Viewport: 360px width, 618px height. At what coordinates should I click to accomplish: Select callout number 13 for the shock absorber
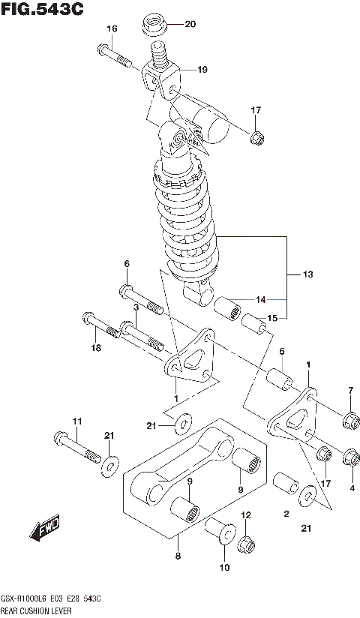(307, 275)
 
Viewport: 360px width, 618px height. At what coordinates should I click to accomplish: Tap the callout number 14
(260, 300)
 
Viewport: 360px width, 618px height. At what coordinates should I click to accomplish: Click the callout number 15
(272, 318)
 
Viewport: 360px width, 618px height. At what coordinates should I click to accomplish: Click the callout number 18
(95, 348)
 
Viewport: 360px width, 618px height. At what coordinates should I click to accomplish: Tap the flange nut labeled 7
(349, 419)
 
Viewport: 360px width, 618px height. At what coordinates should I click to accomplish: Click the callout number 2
(286, 514)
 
